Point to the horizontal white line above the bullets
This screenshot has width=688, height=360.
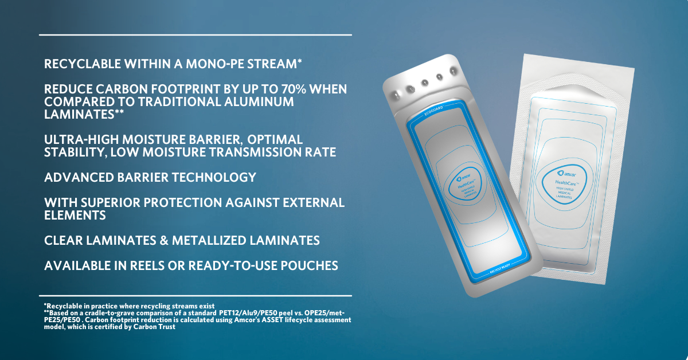[196, 35]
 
